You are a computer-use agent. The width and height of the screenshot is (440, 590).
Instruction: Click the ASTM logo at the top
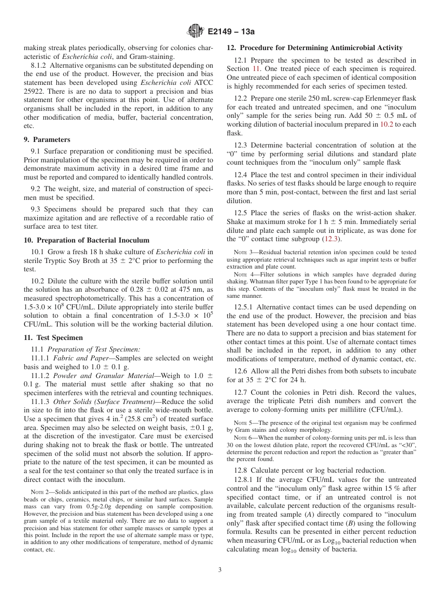[x=195, y=32]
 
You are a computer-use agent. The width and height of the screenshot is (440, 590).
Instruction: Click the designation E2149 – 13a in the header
[x=231, y=32]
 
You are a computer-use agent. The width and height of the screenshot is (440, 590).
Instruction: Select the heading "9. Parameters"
[x=47, y=140]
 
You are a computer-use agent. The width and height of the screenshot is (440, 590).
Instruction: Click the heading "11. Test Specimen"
[x=53, y=338]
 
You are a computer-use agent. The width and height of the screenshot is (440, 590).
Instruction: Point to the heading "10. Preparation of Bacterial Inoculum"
[x=86, y=240]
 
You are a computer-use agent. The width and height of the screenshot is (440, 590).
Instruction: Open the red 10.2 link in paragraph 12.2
[x=386, y=124]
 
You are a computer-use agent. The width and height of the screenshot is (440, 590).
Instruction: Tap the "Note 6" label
[x=245, y=437]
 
